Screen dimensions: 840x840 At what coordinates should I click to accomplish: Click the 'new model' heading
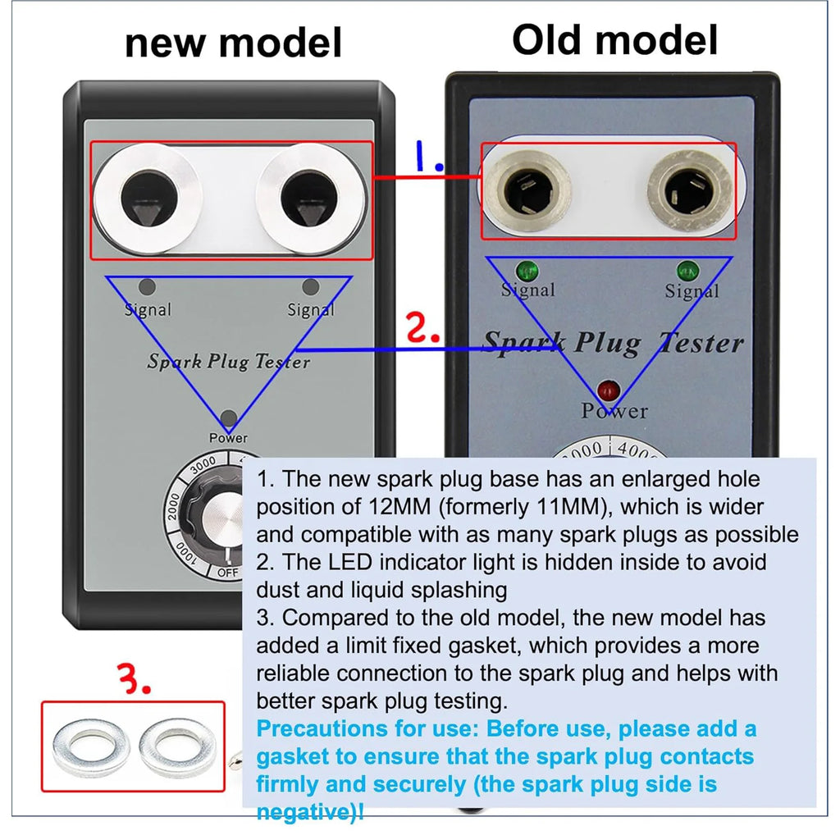pyautogui.click(x=233, y=43)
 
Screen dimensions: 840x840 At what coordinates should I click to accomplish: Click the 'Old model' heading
pyautogui.click(x=614, y=39)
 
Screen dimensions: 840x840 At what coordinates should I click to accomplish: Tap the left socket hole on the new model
pyautogui.click(x=147, y=198)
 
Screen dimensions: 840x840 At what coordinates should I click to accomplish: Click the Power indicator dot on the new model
pyautogui.click(x=228, y=418)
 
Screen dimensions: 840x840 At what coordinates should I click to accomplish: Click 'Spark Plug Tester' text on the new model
pyautogui.click(x=228, y=361)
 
